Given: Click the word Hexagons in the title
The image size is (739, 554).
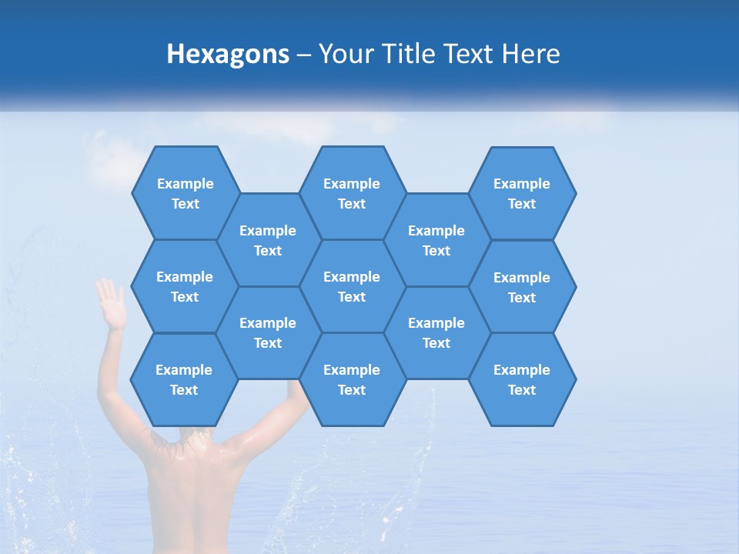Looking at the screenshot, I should coord(228,54).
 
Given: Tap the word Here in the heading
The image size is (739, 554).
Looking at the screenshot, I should coord(530,54).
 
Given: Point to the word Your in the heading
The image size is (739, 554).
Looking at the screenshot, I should coord(339,54).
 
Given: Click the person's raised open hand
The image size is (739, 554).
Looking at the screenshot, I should coord(111,303).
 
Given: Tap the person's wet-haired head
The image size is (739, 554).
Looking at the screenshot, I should coord(193,436).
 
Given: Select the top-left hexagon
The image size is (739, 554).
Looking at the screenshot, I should coord(186,193).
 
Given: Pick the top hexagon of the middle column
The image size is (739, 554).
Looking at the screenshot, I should coord(352,193).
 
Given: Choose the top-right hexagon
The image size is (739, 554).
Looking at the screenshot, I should coord(522,193).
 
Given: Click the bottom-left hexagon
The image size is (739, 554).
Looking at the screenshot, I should coord(184,379).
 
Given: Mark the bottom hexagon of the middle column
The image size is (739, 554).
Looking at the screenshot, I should coord(352,379).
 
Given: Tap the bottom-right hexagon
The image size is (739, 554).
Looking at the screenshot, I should coord(522,379).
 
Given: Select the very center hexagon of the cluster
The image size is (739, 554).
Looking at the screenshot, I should coord(352,286).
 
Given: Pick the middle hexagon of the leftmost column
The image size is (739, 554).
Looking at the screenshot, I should coord(185,286).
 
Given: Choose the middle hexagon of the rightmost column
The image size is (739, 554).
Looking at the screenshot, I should coord(522,287).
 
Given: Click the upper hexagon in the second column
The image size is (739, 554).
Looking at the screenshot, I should coord(268,240).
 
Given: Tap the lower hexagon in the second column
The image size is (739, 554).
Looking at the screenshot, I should coord(268,332).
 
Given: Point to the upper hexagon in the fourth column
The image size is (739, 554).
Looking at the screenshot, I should coord(436,240).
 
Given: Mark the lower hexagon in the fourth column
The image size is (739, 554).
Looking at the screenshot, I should coord(436,332).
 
